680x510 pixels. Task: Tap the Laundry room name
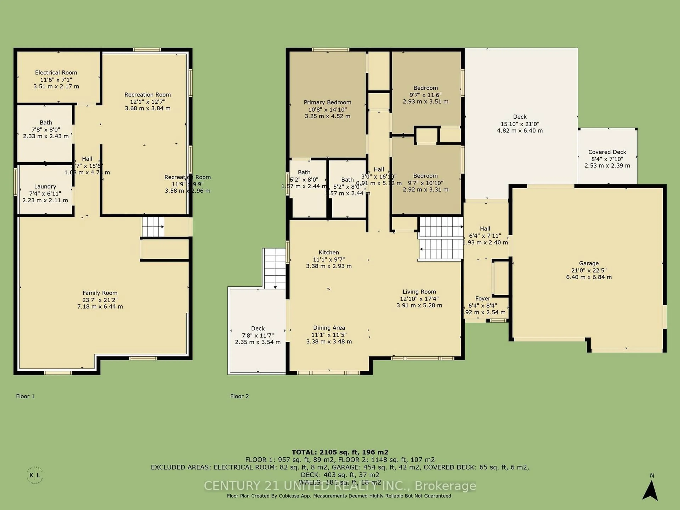(45, 186)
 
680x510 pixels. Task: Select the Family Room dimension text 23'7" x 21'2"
(100, 300)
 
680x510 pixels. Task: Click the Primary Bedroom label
(327, 102)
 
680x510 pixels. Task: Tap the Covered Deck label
(607, 152)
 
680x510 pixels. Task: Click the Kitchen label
(329, 252)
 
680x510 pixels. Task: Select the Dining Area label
(329, 328)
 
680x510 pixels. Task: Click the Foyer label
(483, 299)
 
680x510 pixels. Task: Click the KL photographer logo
(35, 475)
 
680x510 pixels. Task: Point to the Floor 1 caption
(25, 396)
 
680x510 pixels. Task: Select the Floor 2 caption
(239, 396)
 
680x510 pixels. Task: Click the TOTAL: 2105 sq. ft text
(340, 452)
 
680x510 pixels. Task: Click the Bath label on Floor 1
(46, 122)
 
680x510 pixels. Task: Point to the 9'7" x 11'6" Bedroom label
(426, 88)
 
